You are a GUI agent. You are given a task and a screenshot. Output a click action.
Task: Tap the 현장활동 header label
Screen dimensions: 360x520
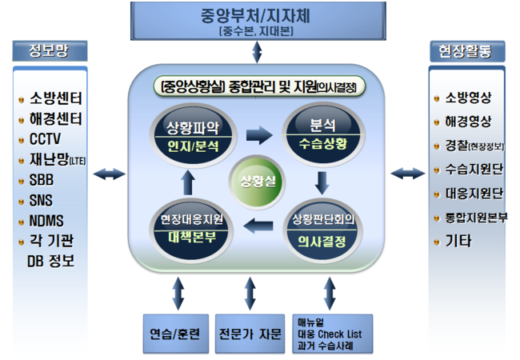pos(466,52)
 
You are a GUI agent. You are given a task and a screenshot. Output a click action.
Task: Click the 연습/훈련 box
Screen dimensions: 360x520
pos(174,333)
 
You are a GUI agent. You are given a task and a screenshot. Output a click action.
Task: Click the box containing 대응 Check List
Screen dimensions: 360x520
pos(328,333)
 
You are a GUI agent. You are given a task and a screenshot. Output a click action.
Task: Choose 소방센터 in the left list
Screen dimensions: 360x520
pos(55,98)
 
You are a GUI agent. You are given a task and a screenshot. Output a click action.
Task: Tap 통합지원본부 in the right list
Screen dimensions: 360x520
pos(475,217)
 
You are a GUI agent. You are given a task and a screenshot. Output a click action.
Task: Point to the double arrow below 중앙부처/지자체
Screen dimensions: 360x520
pos(257,53)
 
